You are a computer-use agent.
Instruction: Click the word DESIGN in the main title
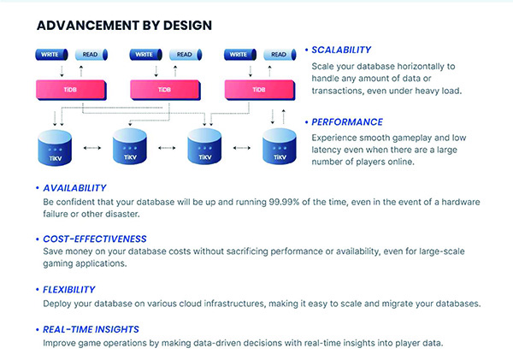(187, 26)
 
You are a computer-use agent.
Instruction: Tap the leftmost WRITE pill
(51, 55)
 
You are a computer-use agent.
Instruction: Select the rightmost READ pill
(280, 55)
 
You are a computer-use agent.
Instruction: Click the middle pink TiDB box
(165, 90)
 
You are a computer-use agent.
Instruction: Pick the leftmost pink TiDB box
(71, 90)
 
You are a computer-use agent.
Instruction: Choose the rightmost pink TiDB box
(260, 90)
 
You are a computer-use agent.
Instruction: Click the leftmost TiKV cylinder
(55, 148)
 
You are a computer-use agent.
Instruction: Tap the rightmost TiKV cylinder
(280, 146)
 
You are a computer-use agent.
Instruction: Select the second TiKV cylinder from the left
(130, 146)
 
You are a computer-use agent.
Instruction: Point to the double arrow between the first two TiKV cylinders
(92, 148)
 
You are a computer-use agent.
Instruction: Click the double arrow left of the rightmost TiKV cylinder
(242, 148)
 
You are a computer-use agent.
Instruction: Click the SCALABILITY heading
(341, 50)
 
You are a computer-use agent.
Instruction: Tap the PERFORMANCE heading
(347, 122)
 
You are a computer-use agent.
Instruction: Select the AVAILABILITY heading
(74, 188)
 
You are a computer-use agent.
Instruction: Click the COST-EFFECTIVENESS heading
(95, 239)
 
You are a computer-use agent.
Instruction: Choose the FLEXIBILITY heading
(69, 290)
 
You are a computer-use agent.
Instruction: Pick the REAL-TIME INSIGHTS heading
(91, 329)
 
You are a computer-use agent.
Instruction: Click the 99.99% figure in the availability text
(284, 202)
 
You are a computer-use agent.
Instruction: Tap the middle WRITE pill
(146, 55)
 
